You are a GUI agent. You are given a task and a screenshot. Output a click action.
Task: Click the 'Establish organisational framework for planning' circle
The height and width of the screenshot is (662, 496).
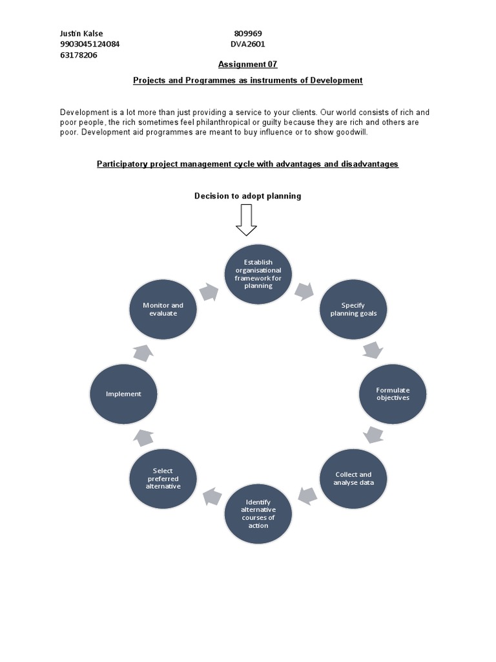tap(258, 274)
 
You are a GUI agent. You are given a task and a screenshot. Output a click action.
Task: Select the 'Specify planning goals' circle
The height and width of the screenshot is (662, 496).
tap(353, 309)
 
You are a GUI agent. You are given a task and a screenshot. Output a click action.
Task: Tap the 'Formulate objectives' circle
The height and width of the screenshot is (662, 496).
tap(393, 394)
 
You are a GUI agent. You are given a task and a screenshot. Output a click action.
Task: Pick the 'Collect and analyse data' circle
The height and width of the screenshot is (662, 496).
tap(353, 478)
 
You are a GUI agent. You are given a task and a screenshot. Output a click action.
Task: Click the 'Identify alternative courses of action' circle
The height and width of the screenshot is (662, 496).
tap(258, 513)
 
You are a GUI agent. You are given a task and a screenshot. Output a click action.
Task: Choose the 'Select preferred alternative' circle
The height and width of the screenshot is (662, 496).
tap(163, 478)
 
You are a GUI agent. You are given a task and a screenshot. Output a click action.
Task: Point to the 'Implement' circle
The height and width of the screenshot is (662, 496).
tap(123, 394)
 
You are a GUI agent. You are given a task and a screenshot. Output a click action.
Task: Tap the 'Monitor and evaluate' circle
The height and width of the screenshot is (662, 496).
tap(163, 309)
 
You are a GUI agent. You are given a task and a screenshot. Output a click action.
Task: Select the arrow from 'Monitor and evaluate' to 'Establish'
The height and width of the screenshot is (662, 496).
tap(209, 292)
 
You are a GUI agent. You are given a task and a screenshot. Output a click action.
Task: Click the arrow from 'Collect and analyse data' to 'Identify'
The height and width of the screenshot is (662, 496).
tap(307, 496)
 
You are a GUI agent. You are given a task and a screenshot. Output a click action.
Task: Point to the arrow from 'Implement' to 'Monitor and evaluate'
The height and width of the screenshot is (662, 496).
tap(143, 352)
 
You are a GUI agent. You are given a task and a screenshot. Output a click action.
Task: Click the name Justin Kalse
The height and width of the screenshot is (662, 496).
tap(81, 34)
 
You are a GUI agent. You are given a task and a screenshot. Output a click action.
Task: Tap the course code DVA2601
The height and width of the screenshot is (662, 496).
tap(247, 45)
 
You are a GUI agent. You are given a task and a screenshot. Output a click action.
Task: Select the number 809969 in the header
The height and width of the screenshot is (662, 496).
tap(247, 34)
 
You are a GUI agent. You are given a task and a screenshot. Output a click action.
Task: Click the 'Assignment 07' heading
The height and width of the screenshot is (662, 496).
tap(247, 65)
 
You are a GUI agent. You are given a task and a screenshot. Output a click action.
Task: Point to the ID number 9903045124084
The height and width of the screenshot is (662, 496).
tap(90, 45)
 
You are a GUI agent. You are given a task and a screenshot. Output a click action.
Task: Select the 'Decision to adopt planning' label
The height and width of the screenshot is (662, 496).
tap(247, 196)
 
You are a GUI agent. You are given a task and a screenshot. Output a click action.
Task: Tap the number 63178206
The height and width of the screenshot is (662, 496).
tap(79, 56)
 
